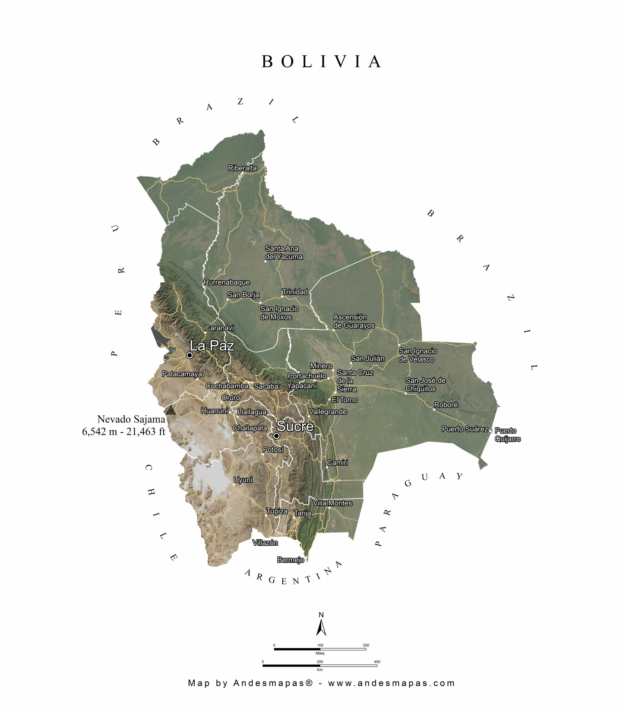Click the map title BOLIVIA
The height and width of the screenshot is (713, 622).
321,62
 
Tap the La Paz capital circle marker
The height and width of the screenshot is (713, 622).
190,355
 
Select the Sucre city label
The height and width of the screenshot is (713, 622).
295,426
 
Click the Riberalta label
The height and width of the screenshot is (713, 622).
242,168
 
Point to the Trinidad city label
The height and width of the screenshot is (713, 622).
295,292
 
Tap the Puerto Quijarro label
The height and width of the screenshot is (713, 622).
507,435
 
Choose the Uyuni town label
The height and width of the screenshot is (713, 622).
243,480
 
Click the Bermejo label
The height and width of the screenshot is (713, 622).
291,560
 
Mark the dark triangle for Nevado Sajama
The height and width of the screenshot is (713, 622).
170,410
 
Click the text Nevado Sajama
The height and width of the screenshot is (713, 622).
131,419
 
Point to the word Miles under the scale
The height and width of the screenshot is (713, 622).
320,653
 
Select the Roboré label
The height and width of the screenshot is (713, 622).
446,405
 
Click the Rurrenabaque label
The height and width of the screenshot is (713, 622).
227,282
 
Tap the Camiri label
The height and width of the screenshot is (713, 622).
337,463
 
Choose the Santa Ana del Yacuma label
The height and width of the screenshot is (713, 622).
284,252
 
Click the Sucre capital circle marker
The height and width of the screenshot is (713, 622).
276,436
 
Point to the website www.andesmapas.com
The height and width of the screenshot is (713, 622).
391,683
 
